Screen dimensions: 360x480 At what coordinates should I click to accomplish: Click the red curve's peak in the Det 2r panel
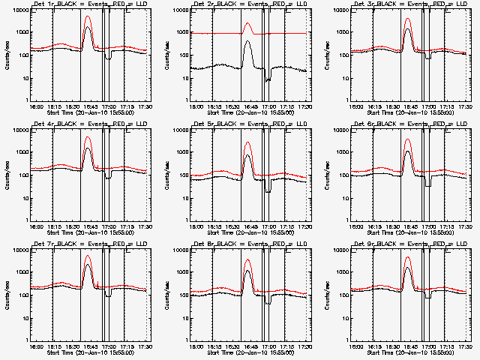click(248, 23)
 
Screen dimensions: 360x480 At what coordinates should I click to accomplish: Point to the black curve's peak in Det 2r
click(248, 42)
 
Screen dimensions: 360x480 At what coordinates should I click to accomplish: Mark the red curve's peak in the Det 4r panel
click(88, 137)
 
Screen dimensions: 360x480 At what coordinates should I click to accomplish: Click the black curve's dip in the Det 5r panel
click(268, 191)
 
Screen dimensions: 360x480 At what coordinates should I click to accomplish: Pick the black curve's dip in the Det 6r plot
click(427, 184)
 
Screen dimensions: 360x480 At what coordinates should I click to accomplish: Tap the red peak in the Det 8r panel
click(248, 260)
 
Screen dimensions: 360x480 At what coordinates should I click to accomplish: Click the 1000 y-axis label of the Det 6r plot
click(339, 152)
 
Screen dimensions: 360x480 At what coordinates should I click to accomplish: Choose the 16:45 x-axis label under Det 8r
click(248, 346)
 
